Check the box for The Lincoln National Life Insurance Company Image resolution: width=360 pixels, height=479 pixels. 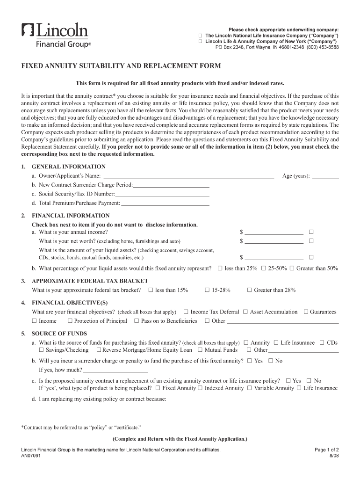(x=201, y=36)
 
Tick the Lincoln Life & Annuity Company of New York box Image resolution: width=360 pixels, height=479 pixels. (x=201, y=41)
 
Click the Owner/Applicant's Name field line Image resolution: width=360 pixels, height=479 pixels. (x=188, y=177)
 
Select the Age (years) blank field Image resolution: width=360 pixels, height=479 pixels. (x=325, y=177)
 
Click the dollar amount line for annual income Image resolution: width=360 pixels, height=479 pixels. (x=274, y=232)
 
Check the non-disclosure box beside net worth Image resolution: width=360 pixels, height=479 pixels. (x=311, y=241)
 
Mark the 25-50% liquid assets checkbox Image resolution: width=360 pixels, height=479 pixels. (x=264, y=268)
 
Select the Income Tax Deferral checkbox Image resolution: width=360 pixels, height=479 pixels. (x=186, y=312)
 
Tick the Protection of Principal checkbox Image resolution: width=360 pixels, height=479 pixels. (x=70, y=321)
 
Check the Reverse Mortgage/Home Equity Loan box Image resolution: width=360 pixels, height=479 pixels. (x=99, y=350)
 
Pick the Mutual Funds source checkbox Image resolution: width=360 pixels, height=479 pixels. (x=200, y=350)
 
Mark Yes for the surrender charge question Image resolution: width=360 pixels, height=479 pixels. (x=249, y=361)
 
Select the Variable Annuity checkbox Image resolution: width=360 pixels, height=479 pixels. (x=249, y=388)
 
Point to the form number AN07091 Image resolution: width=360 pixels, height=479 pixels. (x=31, y=456)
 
